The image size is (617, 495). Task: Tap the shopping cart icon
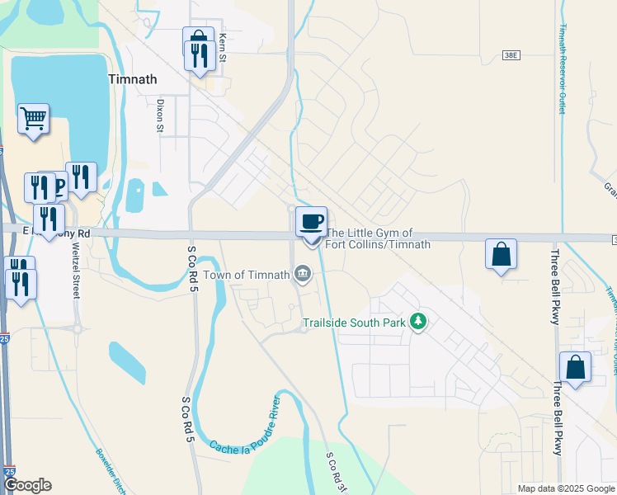[x=33, y=119]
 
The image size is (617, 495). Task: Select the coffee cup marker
[x=311, y=222]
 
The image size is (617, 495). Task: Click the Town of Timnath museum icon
[x=303, y=274]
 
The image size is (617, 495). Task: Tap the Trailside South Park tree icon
[x=418, y=322]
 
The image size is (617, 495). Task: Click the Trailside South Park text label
[x=354, y=323]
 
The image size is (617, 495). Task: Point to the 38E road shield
[x=511, y=54]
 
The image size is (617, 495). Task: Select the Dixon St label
[x=160, y=116]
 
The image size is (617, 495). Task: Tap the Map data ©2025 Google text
[x=565, y=488]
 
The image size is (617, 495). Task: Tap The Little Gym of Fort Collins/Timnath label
[x=378, y=239]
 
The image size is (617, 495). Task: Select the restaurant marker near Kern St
[x=200, y=56]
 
